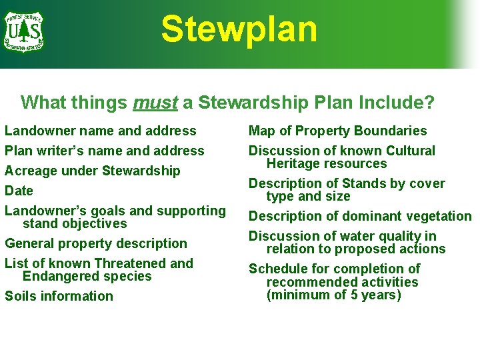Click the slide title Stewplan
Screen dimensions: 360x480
click(x=239, y=29)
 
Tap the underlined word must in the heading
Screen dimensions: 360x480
click(x=155, y=103)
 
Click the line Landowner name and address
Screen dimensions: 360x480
click(x=101, y=131)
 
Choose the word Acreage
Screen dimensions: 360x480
click(x=31, y=171)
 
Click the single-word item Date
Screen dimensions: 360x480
click(x=19, y=191)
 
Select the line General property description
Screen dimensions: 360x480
click(x=96, y=243)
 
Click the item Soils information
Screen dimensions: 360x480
click(x=59, y=296)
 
